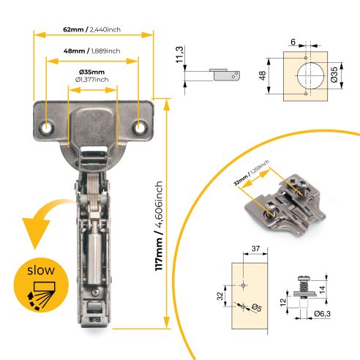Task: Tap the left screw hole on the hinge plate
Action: [48, 127]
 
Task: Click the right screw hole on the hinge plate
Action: [139, 127]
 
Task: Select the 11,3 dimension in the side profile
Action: [180, 55]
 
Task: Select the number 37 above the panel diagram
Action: [255, 250]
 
